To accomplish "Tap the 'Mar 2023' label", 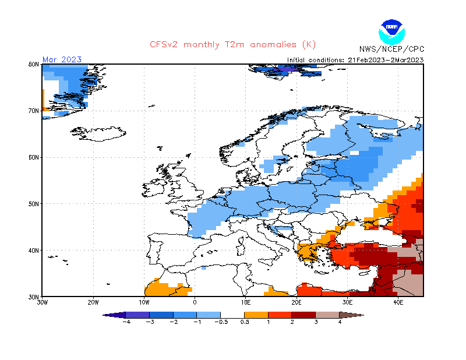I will pyautogui.click(x=62, y=59).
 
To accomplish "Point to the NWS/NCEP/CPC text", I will pyautogui.click(x=390, y=50).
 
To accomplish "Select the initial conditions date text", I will pyautogui.click(x=355, y=60).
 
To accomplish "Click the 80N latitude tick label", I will pyautogui.click(x=34, y=65).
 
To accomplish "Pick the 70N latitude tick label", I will pyautogui.click(x=34, y=111).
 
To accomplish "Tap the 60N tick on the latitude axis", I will pyautogui.click(x=34, y=157).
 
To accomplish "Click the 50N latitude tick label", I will pyautogui.click(x=34, y=204).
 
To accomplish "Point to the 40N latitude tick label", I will pyautogui.click(x=34, y=250).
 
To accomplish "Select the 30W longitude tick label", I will pyautogui.click(x=42, y=302).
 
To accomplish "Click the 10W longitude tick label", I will pyautogui.click(x=144, y=302).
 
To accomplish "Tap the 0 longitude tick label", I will pyautogui.click(x=195, y=302).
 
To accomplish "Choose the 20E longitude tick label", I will pyautogui.click(x=296, y=302).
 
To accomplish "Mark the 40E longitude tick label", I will pyautogui.click(x=398, y=302).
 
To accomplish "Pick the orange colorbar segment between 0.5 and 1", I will pyautogui.click(x=256, y=315).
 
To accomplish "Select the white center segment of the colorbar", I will pyautogui.click(x=233, y=315).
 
